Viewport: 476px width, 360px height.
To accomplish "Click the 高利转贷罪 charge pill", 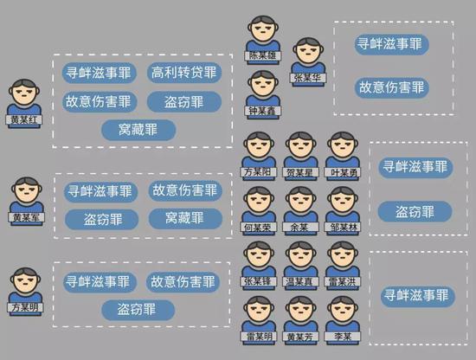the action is point(184,73).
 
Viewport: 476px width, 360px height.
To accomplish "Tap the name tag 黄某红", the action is point(24,119).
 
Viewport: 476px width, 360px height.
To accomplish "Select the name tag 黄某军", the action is point(27,217).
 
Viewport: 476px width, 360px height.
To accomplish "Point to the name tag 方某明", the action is point(25,307).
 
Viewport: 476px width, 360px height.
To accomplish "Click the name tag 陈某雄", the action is point(263,55).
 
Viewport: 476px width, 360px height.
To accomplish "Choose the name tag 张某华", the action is point(308,78).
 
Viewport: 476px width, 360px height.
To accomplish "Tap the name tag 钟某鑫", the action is point(263,111).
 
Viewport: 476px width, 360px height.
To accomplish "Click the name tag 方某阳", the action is point(259,172).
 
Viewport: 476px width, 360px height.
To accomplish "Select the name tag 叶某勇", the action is point(343,172).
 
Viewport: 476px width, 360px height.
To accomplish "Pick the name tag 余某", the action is point(300,227).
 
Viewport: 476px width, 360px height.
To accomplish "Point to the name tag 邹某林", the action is point(343,227).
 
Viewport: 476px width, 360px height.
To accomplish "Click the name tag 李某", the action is point(343,337).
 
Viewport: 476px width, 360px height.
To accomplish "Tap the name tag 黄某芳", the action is point(300,337).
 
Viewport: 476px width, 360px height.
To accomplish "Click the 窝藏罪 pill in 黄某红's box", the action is point(138,130).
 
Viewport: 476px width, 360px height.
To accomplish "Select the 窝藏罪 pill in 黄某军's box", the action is point(185,218).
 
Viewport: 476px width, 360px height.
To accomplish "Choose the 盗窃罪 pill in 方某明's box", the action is point(138,310).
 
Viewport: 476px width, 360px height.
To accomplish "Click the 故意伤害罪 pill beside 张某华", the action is point(391,87).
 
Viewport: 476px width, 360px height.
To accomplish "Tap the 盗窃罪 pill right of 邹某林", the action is point(415,211).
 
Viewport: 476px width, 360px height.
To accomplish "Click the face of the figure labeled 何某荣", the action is point(259,202).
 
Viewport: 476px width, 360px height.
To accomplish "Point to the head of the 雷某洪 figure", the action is point(343,255).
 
